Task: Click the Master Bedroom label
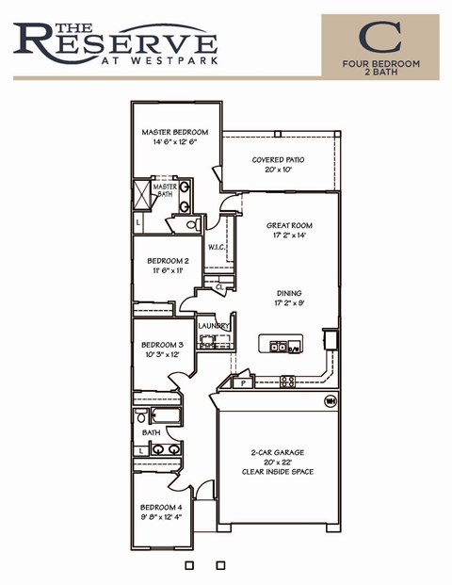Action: coord(174,133)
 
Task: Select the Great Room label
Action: coord(289,226)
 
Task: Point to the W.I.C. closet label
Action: coord(216,249)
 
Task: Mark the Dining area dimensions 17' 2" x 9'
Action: coord(289,304)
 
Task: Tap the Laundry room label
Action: coord(214,326)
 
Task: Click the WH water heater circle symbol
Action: coord(331,400)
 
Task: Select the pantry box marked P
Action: coord(243,384)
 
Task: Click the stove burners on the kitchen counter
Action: coord(287,382)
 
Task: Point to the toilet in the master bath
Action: coord(189,224)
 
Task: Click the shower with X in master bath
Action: coord(144,194)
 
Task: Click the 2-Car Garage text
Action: coord(276,453)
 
